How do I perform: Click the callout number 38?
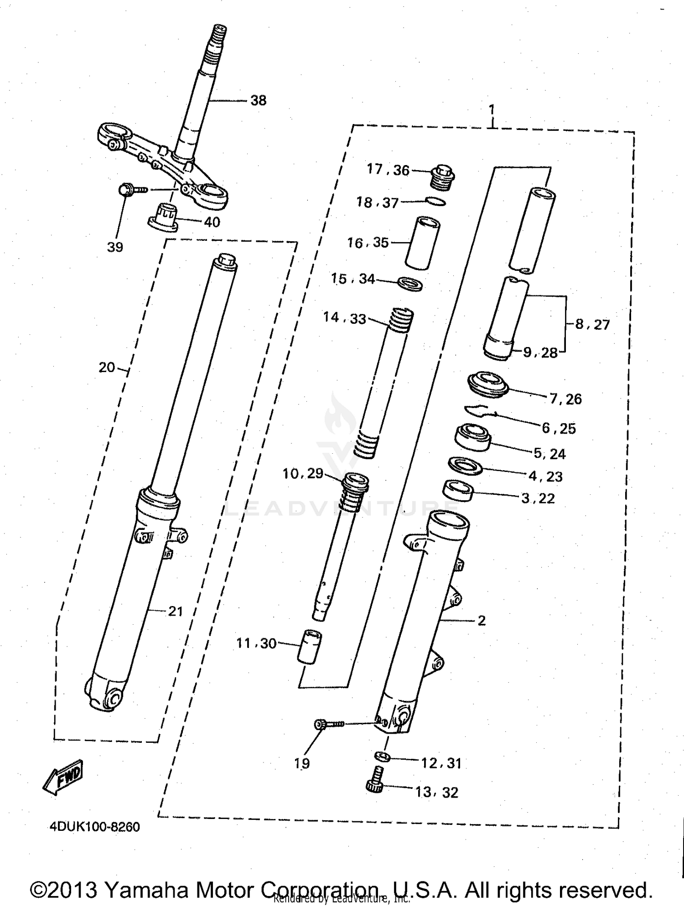(258, 101)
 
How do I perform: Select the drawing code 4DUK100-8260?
(95, 827)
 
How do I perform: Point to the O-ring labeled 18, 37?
(435, 201)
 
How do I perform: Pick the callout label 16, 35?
(368, 243)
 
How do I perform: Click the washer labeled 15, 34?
(410, 284)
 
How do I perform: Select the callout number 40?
(212, 222)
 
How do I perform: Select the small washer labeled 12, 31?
(382, 757)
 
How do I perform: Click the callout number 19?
(302, 764)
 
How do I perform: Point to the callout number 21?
(176, 612)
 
